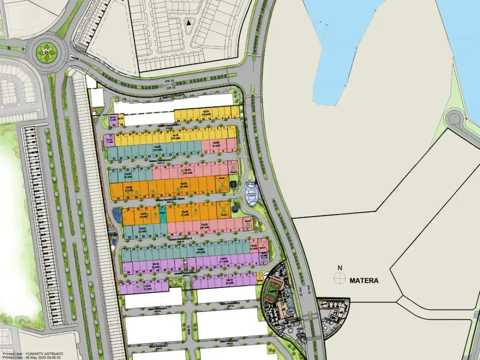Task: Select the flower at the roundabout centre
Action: [47, 49]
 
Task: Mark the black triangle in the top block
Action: [189, 22]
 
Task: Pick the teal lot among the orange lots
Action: [162, 214]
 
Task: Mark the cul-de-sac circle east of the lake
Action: [454, 118]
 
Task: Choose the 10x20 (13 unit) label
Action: [157, 148]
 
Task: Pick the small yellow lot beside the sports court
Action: [260, 277]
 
